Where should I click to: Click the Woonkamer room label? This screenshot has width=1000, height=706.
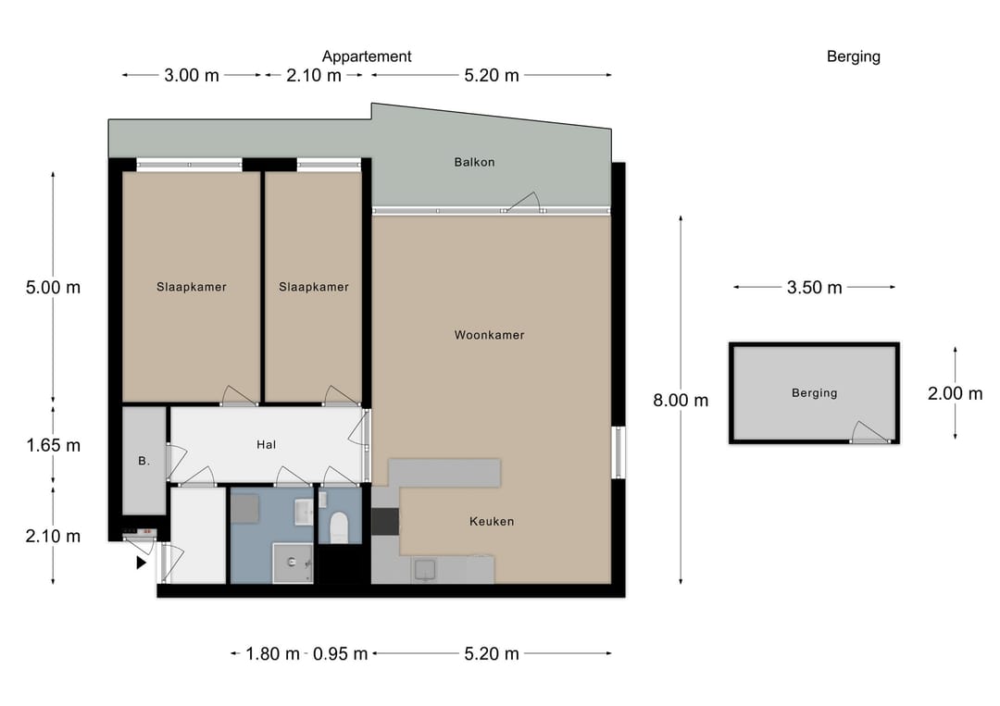click(x=489, y=335)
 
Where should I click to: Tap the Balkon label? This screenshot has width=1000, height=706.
click(x=474, y=163)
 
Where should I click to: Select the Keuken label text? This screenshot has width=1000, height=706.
click(x=492, y=521)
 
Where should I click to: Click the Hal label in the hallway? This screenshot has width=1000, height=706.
click(x=266, y=445)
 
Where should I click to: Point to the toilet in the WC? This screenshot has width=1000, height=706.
click(x=339, y=526)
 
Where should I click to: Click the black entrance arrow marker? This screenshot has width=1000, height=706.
click(x=142, y=563)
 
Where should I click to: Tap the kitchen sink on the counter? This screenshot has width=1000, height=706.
click(x=425, y=570)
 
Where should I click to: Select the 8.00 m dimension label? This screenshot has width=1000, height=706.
click(x=681, y=400)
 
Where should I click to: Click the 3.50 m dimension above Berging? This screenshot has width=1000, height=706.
click(x=815, y=288)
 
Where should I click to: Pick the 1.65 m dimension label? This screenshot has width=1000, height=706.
click(x=53, y=445)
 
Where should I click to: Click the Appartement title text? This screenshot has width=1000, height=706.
click(x=367, y=56)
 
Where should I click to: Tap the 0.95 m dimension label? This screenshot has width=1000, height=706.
click(x=340, y=654)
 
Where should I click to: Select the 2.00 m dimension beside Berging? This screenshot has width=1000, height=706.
click(x=955, y=393)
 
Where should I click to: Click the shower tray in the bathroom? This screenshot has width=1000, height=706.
click(x=293, y=563)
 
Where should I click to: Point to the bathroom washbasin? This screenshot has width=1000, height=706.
click(x=304, y=512)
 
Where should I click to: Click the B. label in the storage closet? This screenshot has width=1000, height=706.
click(x=144, y=461)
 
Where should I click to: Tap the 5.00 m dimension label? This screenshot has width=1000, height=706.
click(x=53, y=288)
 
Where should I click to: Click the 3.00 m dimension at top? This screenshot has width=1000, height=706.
click(x=192, y=75)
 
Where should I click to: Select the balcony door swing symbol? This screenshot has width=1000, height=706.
click(x=524, y=202)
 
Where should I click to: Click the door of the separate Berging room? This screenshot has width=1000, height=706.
click(x=869, y=433)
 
